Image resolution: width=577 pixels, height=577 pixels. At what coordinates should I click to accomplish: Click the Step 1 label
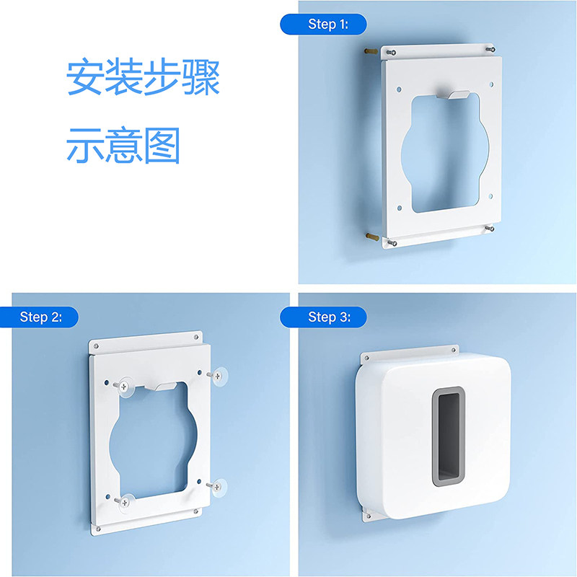click(328, 25)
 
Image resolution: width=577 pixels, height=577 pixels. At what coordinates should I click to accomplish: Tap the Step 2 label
click(41, 317)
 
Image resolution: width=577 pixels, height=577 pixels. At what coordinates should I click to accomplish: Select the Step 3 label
click(330, 317)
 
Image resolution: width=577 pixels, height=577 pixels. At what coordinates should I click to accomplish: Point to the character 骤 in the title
click(201, 76)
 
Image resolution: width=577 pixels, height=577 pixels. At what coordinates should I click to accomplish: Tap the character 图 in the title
click(162, 146)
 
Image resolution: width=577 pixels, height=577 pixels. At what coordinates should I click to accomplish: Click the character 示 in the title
click(85, 146)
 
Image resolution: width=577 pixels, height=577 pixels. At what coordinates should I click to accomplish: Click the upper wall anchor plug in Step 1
click(371, 51)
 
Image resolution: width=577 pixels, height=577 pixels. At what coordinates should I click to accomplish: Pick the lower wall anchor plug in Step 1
click(372, 237)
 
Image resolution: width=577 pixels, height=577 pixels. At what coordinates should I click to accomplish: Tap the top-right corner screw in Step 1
click(490, 49)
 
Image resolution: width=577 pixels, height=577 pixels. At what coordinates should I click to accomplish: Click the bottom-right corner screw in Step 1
click(490, 229)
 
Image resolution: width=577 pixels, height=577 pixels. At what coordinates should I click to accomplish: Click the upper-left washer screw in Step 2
click(123, 387)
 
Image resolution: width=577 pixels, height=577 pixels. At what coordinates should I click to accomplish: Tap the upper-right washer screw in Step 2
click(218, 376)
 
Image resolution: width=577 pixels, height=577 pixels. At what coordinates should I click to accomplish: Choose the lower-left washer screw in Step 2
click(124, 502)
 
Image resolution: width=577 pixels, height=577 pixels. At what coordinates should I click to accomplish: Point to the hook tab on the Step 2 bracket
click(161, 387)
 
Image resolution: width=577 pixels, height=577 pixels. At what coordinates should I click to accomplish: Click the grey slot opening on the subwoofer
click(448, 436)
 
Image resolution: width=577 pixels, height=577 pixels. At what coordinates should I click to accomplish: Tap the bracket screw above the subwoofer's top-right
click(454, 350)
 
